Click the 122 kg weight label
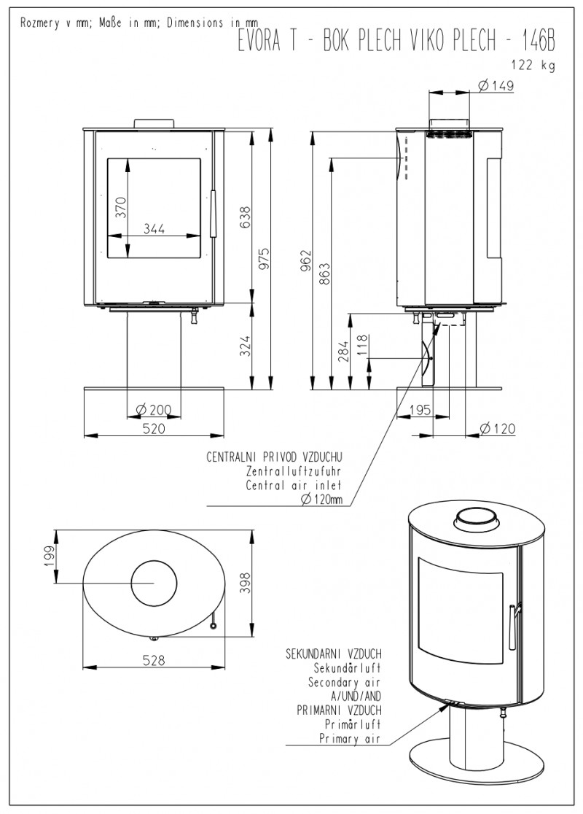point(533,66)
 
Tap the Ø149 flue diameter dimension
point(496,85)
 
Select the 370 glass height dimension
point(120,207)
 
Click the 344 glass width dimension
point(154,228)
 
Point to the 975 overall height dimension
point(264,259)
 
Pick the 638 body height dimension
point(245,217)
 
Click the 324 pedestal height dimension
point(245,346)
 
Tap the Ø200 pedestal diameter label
point(154,410)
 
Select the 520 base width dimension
point(154,428)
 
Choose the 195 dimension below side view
point(420,410)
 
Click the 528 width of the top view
point(154,660)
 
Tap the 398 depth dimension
point(246,583)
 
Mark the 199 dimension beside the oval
point(50,557)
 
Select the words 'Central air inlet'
point(294,486)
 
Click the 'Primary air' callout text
point(350,739)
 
